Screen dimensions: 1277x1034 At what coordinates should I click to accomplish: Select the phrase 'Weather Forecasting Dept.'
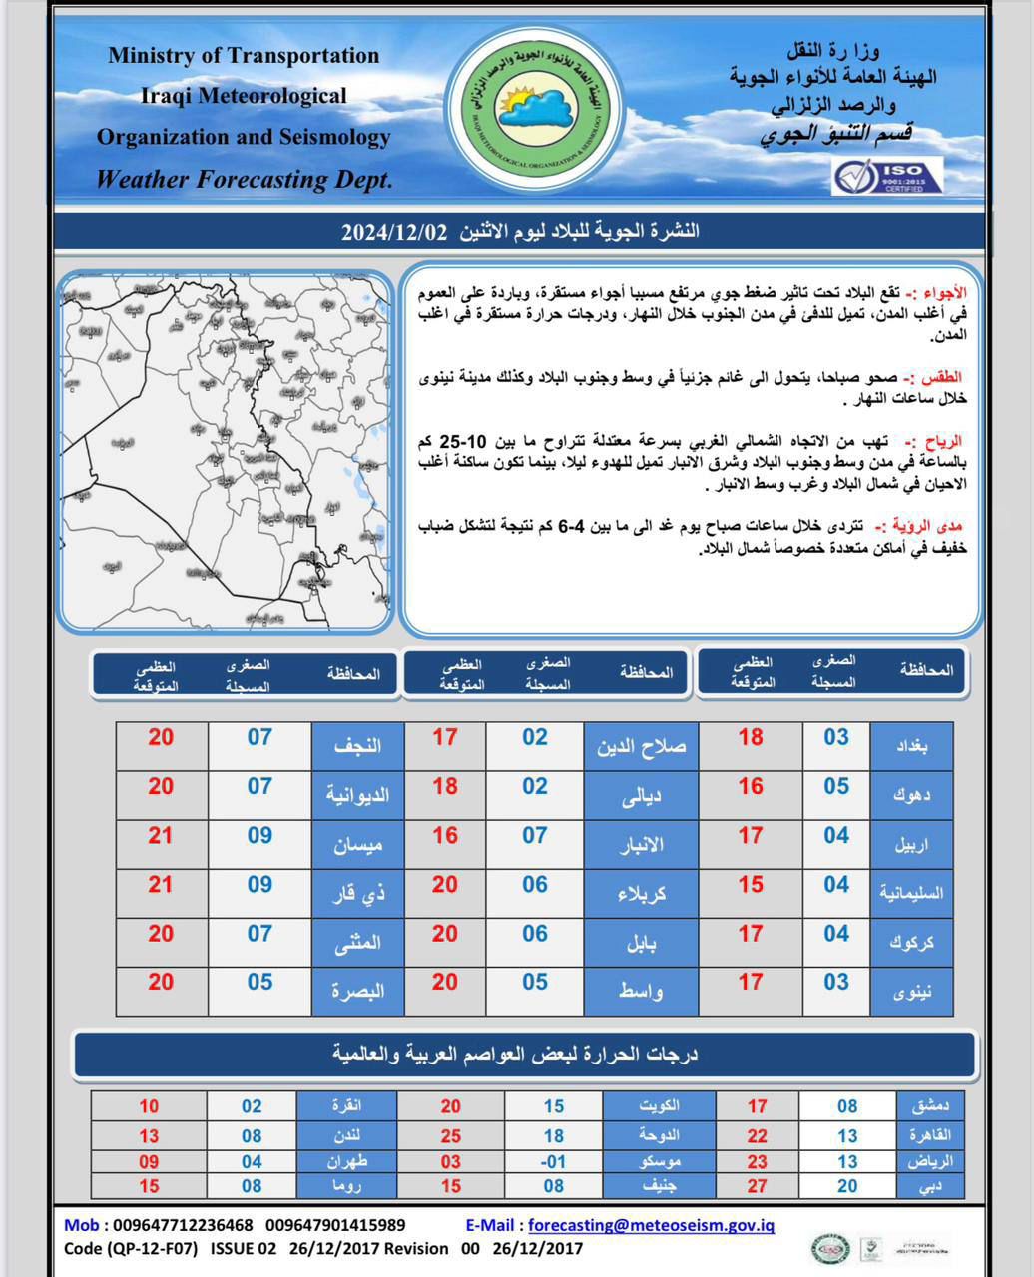pyautogui.click(x=244, y=180)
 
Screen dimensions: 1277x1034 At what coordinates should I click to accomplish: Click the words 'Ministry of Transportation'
pyautogui.click(x=244, y=56)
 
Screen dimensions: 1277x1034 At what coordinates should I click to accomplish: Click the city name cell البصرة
pyautogui.click(x=356, y=991)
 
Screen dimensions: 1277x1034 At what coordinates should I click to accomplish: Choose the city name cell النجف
pyautogui.click(x=356, y=745)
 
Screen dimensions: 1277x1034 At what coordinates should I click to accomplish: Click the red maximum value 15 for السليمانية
pyautogui.click(x=751, y=885)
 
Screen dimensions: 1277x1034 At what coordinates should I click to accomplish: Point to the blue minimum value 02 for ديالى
pyautogui.click(x=535, y=786)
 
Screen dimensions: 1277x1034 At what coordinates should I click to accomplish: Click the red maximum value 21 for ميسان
pyautogui.click(x=161, y=835)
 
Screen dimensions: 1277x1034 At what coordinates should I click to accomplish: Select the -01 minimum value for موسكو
pyautogui.click(x=553, y=1161)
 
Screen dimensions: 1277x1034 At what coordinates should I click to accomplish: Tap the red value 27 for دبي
pyautogui.click(x=758, y=1186)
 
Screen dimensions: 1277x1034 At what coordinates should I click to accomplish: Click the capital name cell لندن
pyautogui.click(x=347, y=1135)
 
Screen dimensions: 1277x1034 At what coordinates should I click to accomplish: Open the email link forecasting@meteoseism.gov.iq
pyautogui.click(x=651, y=1225)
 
